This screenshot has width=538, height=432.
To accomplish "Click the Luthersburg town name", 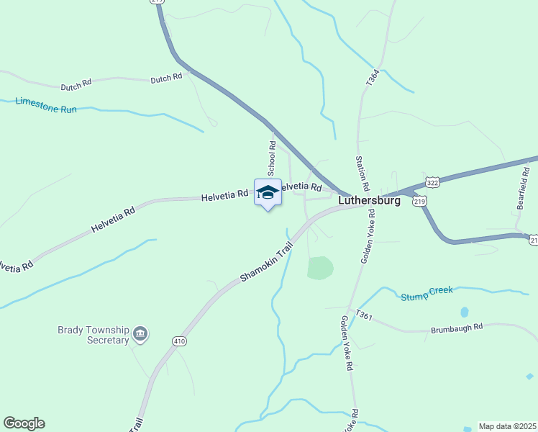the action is click(369, 201).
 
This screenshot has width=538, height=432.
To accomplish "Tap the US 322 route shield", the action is click(432, 183).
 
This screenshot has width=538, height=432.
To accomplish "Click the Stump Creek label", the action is click(427, 293).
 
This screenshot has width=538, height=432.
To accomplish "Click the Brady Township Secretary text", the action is click(94, 335).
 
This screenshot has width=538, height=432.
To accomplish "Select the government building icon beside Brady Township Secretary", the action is click(141, 333).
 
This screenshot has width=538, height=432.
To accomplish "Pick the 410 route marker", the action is click(179, 340).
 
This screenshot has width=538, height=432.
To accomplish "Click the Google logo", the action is click(24, 423).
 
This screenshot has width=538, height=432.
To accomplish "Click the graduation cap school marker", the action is click(268, 192).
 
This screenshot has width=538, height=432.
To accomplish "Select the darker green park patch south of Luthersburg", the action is click(321, 268).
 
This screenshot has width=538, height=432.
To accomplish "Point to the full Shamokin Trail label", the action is click(268, 261).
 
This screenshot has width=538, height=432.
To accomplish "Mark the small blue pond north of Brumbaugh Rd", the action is click(465, 312).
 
